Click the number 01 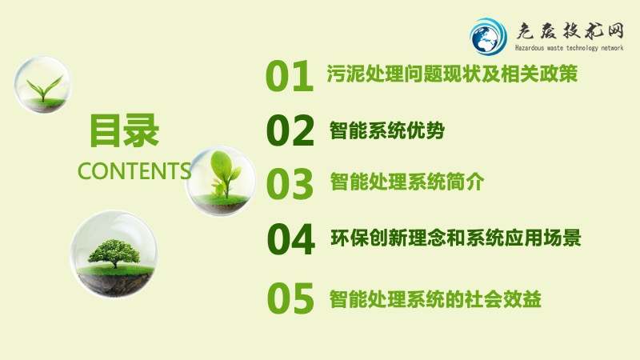(x=290, y=76)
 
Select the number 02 (x=290, y=130)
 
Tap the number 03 (x=290, y=184)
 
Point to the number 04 (x=291, y=239)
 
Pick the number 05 (x=290, y=298)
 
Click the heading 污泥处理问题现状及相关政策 (x=452, y=74)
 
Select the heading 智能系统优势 (x=387, y=130)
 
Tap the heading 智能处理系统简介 (x=407, y=182)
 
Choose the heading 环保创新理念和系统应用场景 (x=456, y=238)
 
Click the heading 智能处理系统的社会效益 (x=435, y=298)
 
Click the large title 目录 (x=124, y=130)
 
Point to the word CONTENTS (x=134, y=170)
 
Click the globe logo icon (x=488, y=36)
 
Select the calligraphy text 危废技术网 (x=570, y=31)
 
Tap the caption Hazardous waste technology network (x=570, y=48)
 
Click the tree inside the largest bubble (x=114, y=253)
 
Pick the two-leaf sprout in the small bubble (x=45, y=88)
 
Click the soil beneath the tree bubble (x=114, y=282)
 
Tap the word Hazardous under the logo (x=530, y=48)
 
